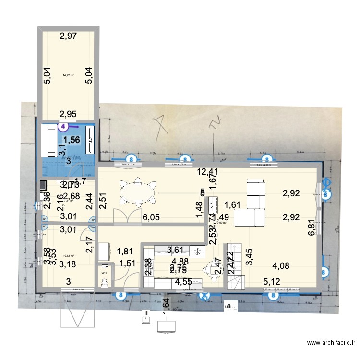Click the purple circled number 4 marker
tap(63, 127)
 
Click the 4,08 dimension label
tap(281, 265)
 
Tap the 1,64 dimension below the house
tap(165, 305)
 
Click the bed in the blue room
tap(50, 141)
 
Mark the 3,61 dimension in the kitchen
tap(176, 250)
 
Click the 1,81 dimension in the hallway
tap(125, 251)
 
